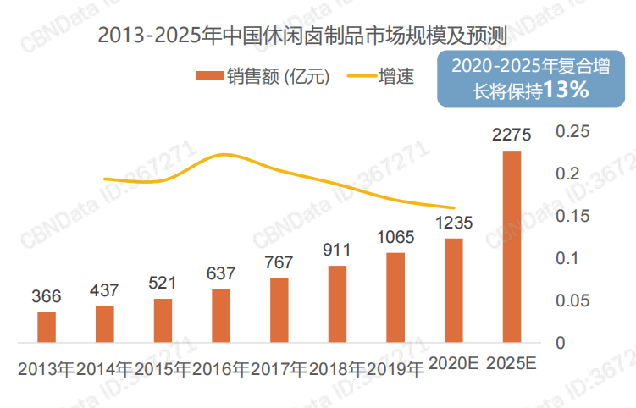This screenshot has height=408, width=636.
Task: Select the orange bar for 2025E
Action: pos(512,246)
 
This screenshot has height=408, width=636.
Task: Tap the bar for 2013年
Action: pos(47,327)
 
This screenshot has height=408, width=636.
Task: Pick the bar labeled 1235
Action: pos(454,290)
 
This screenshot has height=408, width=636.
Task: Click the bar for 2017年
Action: pos(279,310)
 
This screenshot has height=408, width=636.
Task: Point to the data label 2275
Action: pos(512,135)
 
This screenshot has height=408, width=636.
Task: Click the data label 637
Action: pos(221,273)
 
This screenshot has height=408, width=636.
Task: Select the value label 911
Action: pos(338,251)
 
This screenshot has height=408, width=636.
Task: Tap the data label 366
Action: pos(47,296)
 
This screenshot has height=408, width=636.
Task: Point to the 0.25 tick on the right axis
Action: pos(572,132)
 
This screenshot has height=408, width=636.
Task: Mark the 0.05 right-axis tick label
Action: pos(572,300)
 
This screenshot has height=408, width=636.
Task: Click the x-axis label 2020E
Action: pos(454,364)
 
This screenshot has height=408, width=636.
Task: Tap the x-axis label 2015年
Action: pos(163,369)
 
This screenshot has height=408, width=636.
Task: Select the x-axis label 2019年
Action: pos(395,369)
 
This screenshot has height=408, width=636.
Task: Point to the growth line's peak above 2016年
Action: pos(224,155)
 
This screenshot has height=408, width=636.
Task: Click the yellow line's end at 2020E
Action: pos(455,208)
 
